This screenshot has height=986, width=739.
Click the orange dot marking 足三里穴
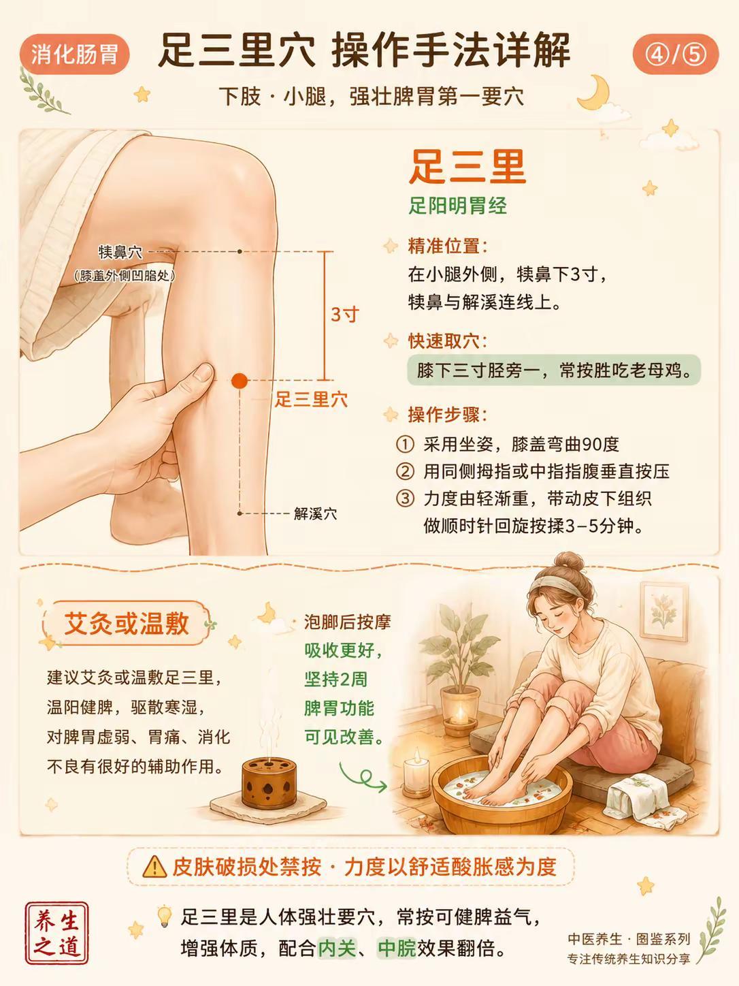point(240,381)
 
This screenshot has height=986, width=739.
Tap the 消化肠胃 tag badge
point(74,54)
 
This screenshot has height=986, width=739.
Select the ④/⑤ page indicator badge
point(675,54)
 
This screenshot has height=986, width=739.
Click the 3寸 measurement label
point(345,315)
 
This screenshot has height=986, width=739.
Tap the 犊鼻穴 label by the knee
point(120,253)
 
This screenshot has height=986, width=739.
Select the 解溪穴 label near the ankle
point(315,513)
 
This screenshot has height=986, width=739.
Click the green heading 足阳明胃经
point(457,206)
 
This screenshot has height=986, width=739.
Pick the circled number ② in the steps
point(405,472)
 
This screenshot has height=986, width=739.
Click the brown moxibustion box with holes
point(269,782)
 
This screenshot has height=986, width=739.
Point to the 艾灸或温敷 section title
point(126,624)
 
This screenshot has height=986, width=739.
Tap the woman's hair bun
point(568,562)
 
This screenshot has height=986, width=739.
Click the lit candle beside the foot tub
point(417,774)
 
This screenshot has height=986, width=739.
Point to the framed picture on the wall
point(663,611)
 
